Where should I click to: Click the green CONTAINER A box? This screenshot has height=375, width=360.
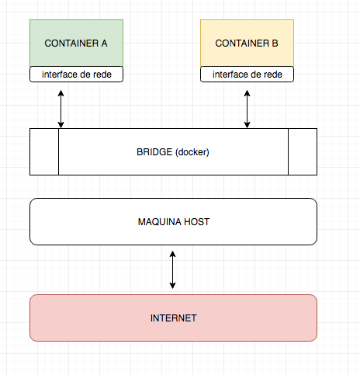tap(76, 43)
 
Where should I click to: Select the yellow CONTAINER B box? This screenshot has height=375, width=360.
tap(247, 43)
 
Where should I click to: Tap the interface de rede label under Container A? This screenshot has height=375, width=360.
tap(76, 75)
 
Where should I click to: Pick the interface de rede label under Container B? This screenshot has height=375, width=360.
tap(247, 75)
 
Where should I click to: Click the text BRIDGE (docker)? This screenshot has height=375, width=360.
tap(173, 152)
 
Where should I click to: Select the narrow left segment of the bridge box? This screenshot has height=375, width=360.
tap(44, 152)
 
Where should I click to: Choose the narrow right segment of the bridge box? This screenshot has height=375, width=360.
tap(302, 152)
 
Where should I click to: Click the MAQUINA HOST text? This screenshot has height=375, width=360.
tap(173, 222)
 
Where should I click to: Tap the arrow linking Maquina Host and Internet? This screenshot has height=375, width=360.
tap(173, 269)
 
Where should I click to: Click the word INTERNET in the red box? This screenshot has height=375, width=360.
tap(173, 318)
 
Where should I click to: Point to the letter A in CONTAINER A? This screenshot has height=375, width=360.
tap(104, 43)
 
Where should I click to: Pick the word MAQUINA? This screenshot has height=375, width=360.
tap(160, 222)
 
